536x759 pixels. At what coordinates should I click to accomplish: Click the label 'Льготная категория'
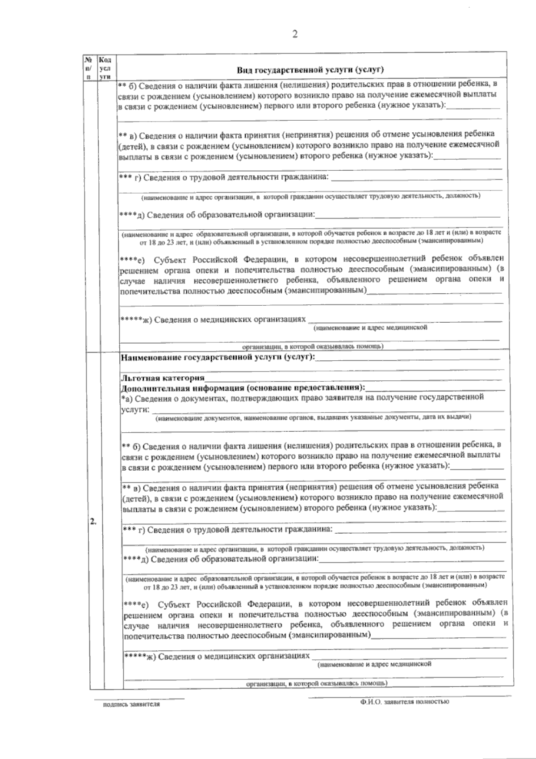[163, 378]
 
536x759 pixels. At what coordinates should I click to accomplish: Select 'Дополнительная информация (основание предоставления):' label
[243, 387]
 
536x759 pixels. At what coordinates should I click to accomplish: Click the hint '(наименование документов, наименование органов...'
[313, 417]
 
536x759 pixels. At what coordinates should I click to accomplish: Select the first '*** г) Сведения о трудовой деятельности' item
[223, 178]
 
